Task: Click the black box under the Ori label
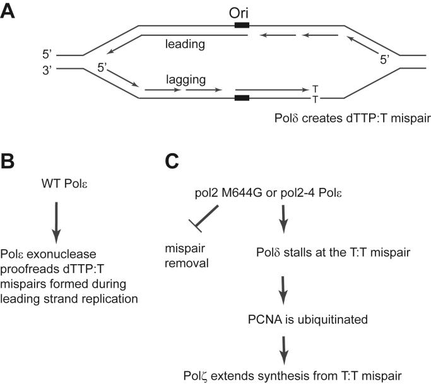click(241, 25)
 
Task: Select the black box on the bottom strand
click(241, 98)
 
